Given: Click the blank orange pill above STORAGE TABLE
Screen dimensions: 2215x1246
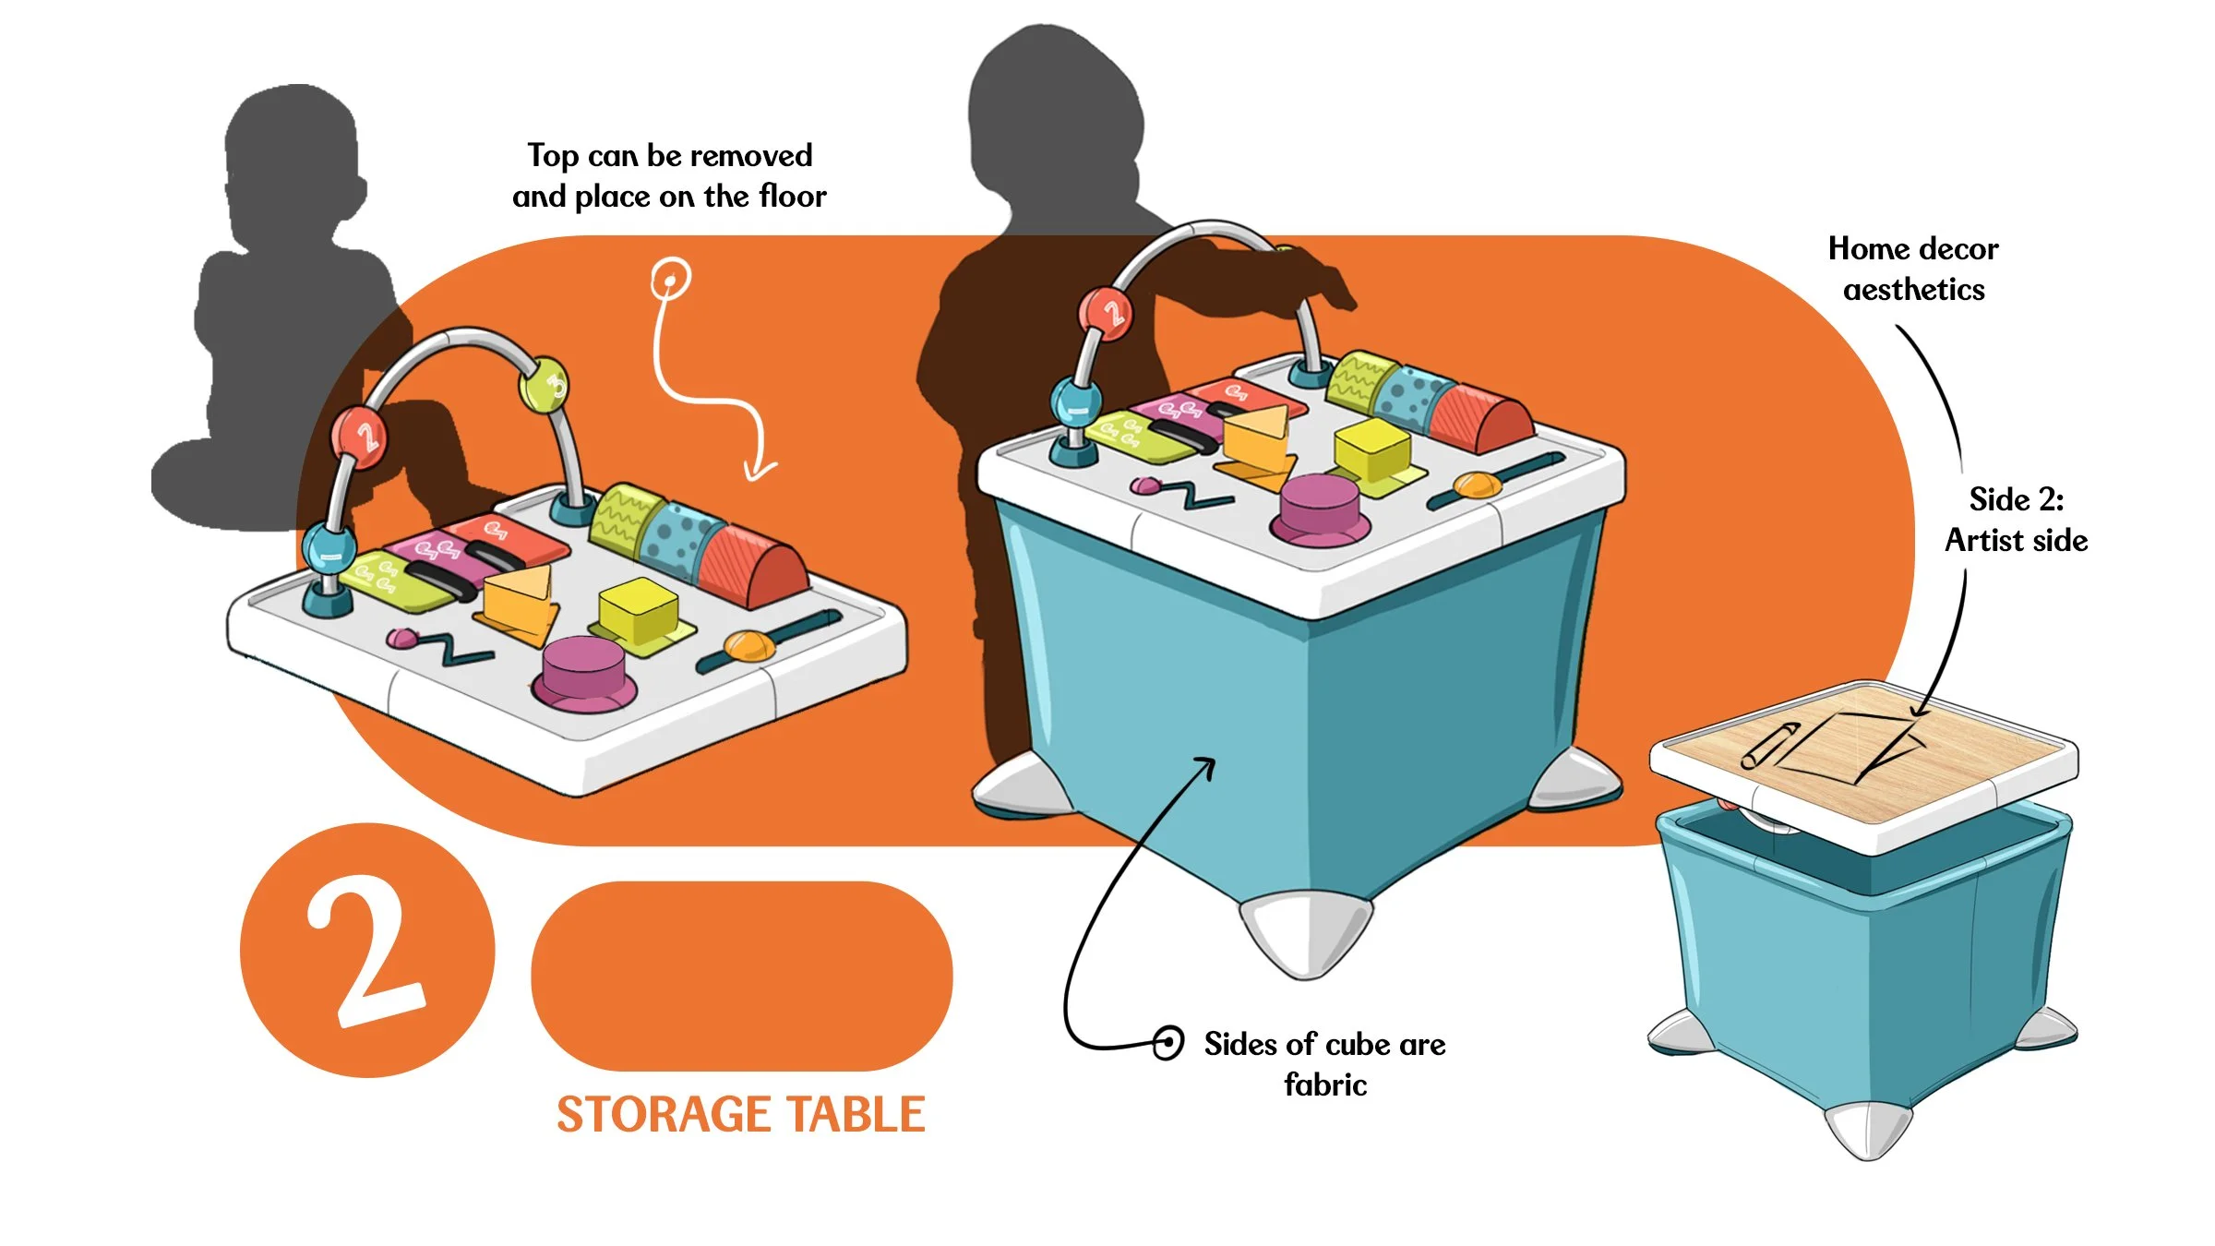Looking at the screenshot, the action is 741,976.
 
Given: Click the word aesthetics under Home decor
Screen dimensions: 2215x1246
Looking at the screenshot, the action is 1913,290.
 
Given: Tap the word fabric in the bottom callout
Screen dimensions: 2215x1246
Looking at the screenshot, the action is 1324,1084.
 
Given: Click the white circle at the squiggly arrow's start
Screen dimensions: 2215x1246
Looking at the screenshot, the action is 671,278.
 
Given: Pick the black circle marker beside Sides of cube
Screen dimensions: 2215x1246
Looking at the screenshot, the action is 1167,1043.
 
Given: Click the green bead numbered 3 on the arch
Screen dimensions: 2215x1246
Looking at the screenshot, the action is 545,385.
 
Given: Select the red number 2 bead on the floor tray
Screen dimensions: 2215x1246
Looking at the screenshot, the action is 360,437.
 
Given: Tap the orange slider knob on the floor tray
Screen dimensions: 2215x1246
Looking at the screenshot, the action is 749,645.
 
